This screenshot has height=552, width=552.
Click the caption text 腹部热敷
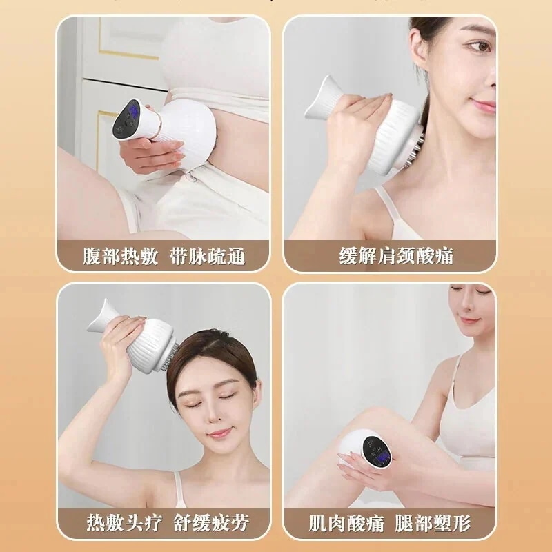[120, 256]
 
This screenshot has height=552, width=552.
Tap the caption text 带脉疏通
[208, 256]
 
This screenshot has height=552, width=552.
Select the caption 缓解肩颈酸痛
[396, 256]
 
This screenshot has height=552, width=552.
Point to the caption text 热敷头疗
[124, 523]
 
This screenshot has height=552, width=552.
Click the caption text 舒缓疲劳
[212, 523]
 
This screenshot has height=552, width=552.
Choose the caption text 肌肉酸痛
[346, 524]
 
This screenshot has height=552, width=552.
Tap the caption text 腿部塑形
[433, 524]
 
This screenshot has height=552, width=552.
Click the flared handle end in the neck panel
[319, 97]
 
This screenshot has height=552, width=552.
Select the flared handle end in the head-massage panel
[100, 316]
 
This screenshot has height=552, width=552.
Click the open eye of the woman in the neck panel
[482, 46]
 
